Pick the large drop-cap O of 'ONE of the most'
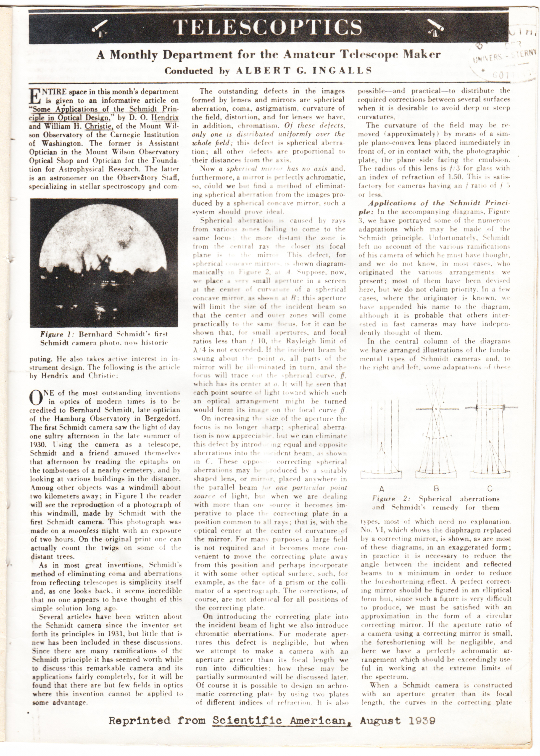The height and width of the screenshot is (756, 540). coord(37,397)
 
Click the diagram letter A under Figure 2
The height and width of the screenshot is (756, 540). coord(382,489)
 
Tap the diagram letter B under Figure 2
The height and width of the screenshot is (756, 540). coord(436,488)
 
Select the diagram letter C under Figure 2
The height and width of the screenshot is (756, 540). coord(490,489)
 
